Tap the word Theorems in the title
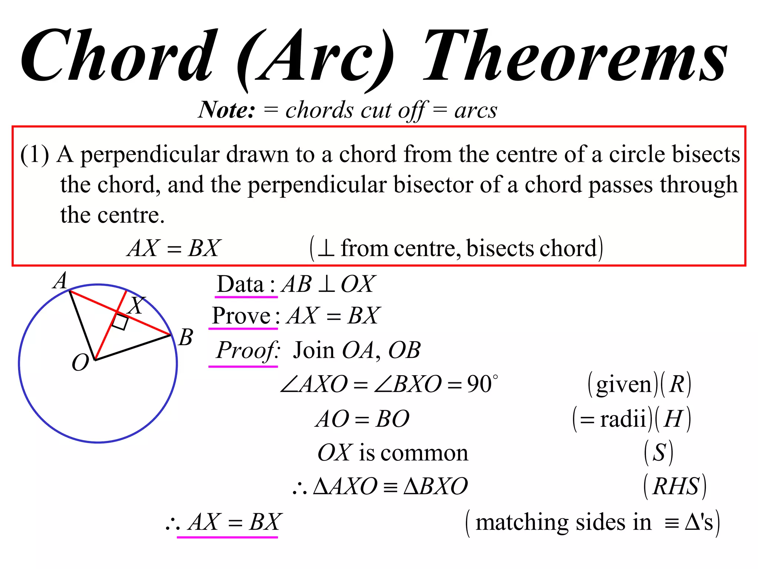tap(575, 56)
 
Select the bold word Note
tap(227, 110)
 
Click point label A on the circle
tap(60, 281)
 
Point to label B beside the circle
tap(185, 337)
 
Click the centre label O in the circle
tap(80, 362)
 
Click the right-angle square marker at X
tap(120, 322)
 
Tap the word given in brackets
tap(624, 385)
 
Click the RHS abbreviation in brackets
tap(675, 486)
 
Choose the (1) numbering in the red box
tap(34, 154)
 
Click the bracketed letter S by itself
tap(659, 453)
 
